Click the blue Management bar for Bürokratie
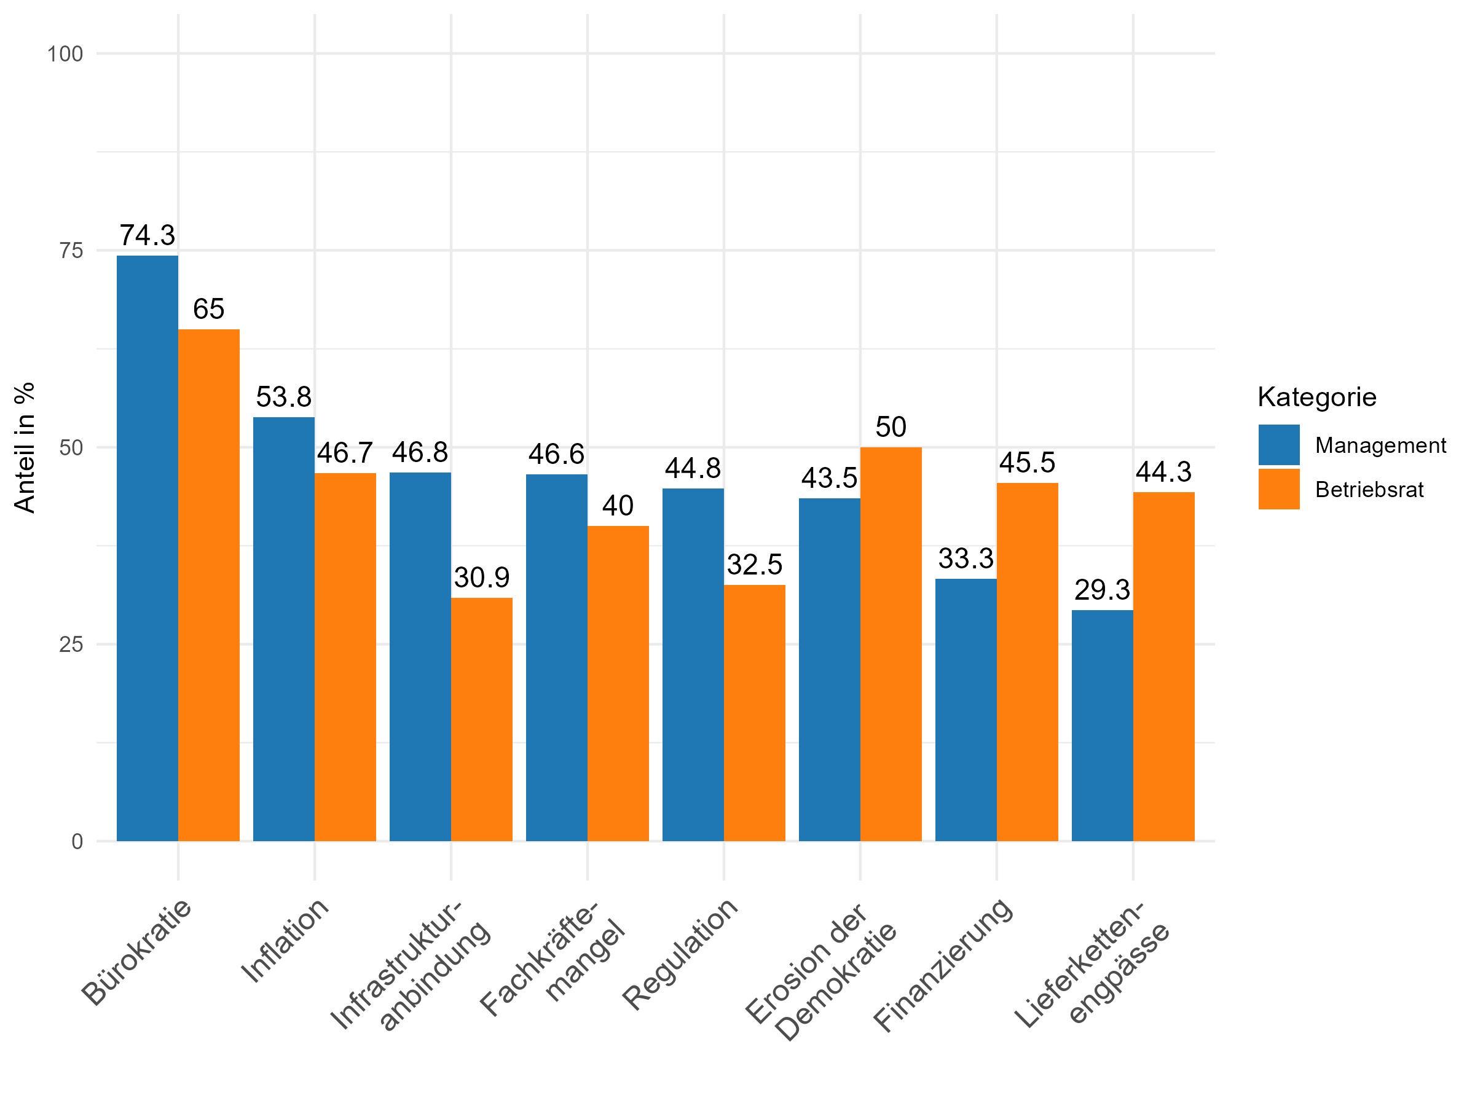[147, 548]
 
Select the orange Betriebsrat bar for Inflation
[345, 657]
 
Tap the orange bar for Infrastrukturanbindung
[481, 719]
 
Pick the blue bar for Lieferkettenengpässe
[1102, 725]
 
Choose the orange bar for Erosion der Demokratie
[891, 644]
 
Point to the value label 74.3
[147, 235]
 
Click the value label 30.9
[481, 578]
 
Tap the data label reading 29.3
[1102, 590]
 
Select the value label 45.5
[1027, 463]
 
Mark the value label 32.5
[754, 565]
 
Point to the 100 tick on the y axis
[65, 54]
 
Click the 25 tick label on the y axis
[71, 645]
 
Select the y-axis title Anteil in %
[25, 447]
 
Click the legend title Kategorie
[1316, 398]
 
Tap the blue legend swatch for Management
[1279, 445]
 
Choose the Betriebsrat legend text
[1369, 490]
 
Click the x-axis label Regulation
[680, 954]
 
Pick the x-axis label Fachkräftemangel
[554, 960]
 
